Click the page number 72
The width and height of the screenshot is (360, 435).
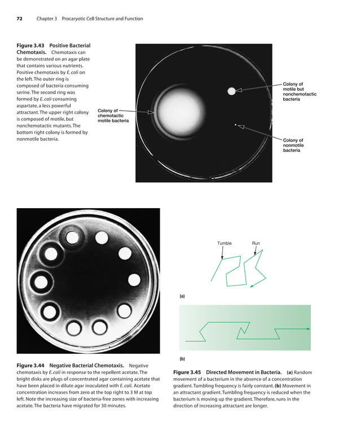19,19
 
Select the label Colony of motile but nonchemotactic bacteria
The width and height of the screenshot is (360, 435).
299,91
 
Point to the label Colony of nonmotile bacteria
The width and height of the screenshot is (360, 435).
293,145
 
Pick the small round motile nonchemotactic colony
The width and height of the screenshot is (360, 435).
231,91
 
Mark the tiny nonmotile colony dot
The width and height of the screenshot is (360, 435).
235,124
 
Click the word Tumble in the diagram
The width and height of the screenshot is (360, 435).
224,243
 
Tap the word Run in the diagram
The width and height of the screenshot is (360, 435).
256,243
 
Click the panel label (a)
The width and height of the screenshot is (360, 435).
182,296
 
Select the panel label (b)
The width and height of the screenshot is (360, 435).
182,358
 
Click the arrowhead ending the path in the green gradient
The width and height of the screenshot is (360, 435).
308,328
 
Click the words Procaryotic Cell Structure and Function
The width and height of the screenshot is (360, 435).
102,19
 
